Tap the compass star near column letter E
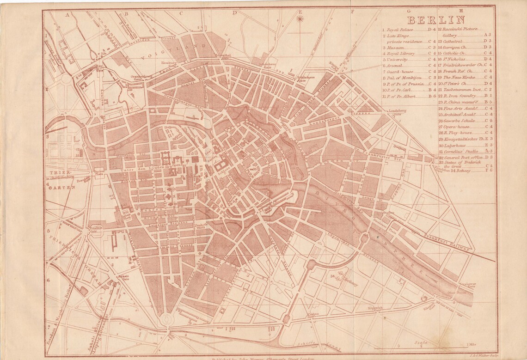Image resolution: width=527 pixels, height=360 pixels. coord(300,19)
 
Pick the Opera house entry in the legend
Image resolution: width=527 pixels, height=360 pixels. coord(455,126)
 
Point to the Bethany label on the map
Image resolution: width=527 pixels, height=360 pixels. coord(350,283)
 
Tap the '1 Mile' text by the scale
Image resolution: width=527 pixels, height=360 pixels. coord(472,344)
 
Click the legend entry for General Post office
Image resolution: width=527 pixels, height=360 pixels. coord(460,157)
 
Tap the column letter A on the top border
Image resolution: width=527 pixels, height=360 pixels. coord(67,14)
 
